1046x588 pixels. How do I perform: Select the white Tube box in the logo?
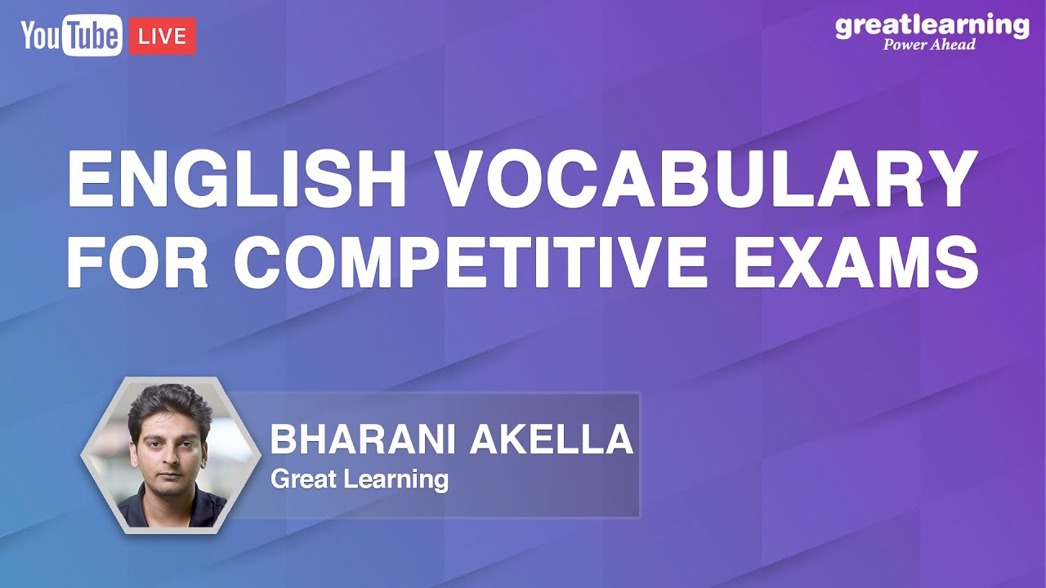pyautogui.click(x=93, y=37)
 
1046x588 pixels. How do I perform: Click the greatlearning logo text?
pyautogui.click(x=932, y=26)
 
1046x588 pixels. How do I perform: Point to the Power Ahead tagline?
pyautogui.click(x=929, y=44)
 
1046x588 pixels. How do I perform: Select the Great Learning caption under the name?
pyautogui.click(x=359, y=479)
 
